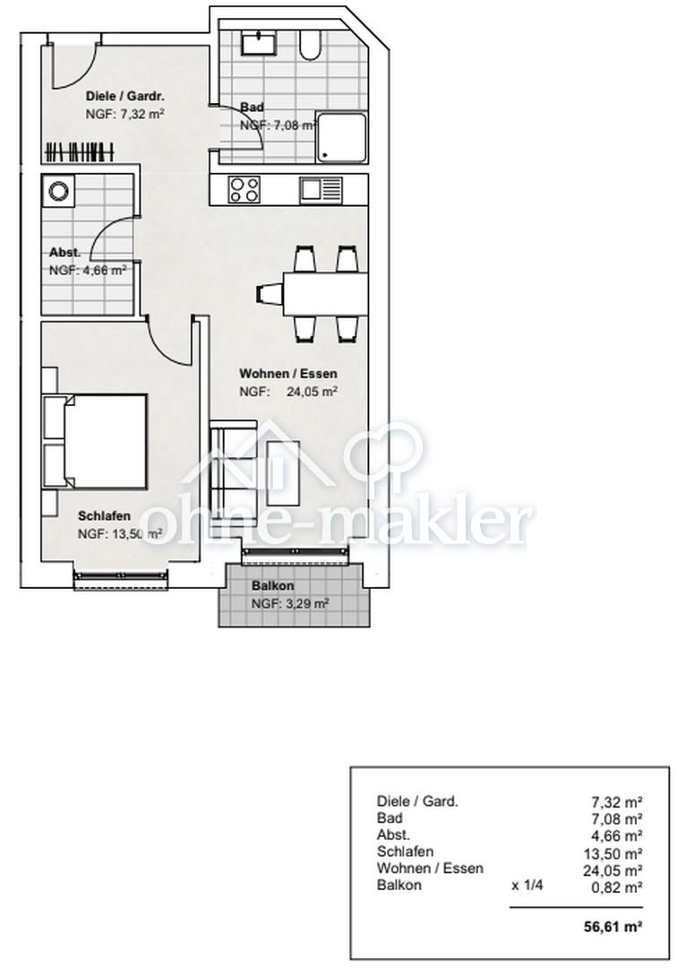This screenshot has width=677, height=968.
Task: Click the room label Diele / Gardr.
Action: click(x=124, y=96)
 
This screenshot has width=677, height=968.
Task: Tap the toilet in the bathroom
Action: click(x=311, y=45)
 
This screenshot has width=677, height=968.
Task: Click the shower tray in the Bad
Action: click(x=340, y=137)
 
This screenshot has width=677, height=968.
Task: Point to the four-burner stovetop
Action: click(x=244, y=190)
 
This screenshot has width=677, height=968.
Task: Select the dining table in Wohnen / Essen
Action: click(x=325, y=292)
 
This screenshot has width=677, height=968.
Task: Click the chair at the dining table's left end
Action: click(x=268, y=292)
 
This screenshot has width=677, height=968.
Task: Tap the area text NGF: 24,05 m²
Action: click(x=287, y=391)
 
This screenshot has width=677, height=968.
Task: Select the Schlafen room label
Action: click(x=105, y=516)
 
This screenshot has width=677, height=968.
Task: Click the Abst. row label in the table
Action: click(x=393, y=834)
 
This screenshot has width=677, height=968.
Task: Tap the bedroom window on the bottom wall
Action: click(x=122, y=581)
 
